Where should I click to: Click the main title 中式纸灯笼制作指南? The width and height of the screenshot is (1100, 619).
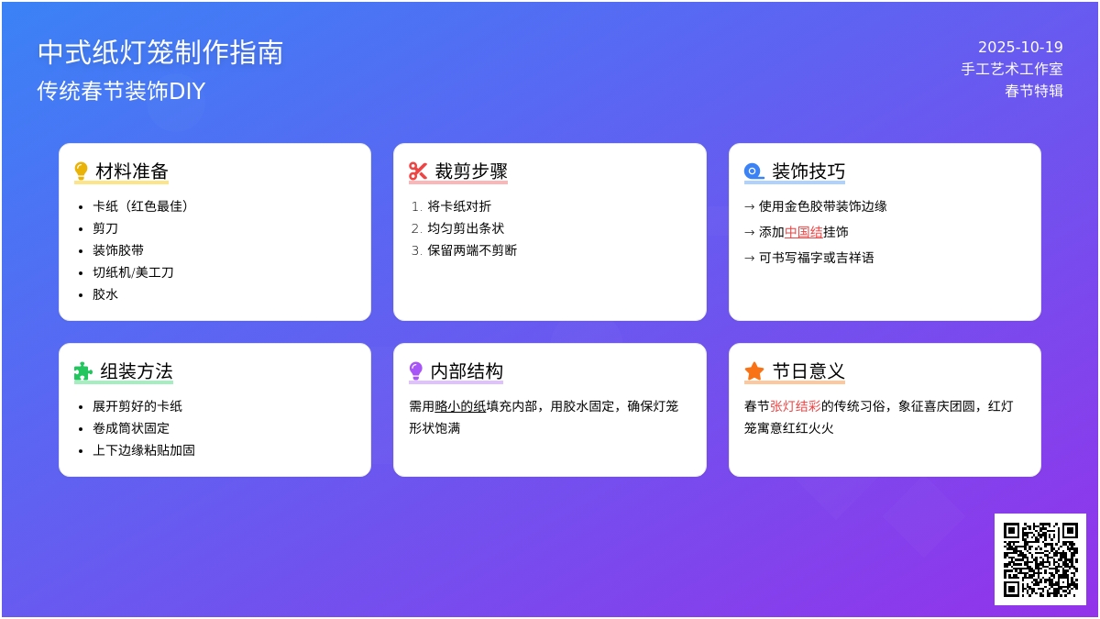160,52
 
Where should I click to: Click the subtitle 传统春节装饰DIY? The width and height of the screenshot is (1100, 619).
121,91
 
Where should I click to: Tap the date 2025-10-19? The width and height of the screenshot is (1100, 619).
1020,47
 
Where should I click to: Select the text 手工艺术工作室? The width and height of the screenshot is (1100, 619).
1012,69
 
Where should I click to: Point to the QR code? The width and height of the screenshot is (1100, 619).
1040,559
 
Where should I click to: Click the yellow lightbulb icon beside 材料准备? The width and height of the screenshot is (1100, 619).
81,171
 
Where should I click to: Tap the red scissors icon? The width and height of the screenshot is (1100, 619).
418,171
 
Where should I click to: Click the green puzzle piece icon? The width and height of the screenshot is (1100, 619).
83,371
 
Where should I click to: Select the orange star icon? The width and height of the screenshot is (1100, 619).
753,371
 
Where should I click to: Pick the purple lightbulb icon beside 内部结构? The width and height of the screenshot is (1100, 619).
416,370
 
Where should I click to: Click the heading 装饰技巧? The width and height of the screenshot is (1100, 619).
808,171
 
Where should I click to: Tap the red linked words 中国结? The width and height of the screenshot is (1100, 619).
803,232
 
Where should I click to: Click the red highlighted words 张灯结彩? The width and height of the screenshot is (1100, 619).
796,406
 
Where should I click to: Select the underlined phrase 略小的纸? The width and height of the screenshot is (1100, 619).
460,406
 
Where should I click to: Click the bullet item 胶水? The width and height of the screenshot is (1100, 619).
105,294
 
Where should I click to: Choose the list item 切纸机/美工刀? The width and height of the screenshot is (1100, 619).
133,272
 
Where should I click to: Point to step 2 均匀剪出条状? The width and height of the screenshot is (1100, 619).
466,228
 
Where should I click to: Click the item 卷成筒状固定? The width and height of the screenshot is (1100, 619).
130,428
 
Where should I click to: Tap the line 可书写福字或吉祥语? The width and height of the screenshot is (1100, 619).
816,258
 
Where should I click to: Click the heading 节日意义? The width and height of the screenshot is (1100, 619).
808,371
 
